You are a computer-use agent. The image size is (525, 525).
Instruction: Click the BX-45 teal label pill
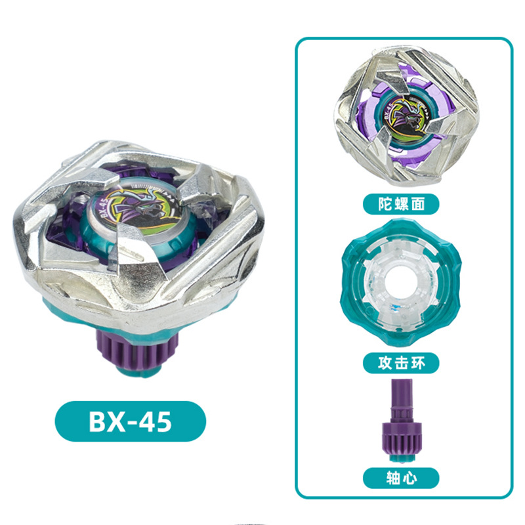130,421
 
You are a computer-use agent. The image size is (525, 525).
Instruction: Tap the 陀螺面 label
401,204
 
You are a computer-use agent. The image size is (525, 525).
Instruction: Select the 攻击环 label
401,363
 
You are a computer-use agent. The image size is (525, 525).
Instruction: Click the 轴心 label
401,478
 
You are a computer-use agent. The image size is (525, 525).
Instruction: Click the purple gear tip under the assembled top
137,352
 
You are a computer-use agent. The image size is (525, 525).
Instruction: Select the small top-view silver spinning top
406,116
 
